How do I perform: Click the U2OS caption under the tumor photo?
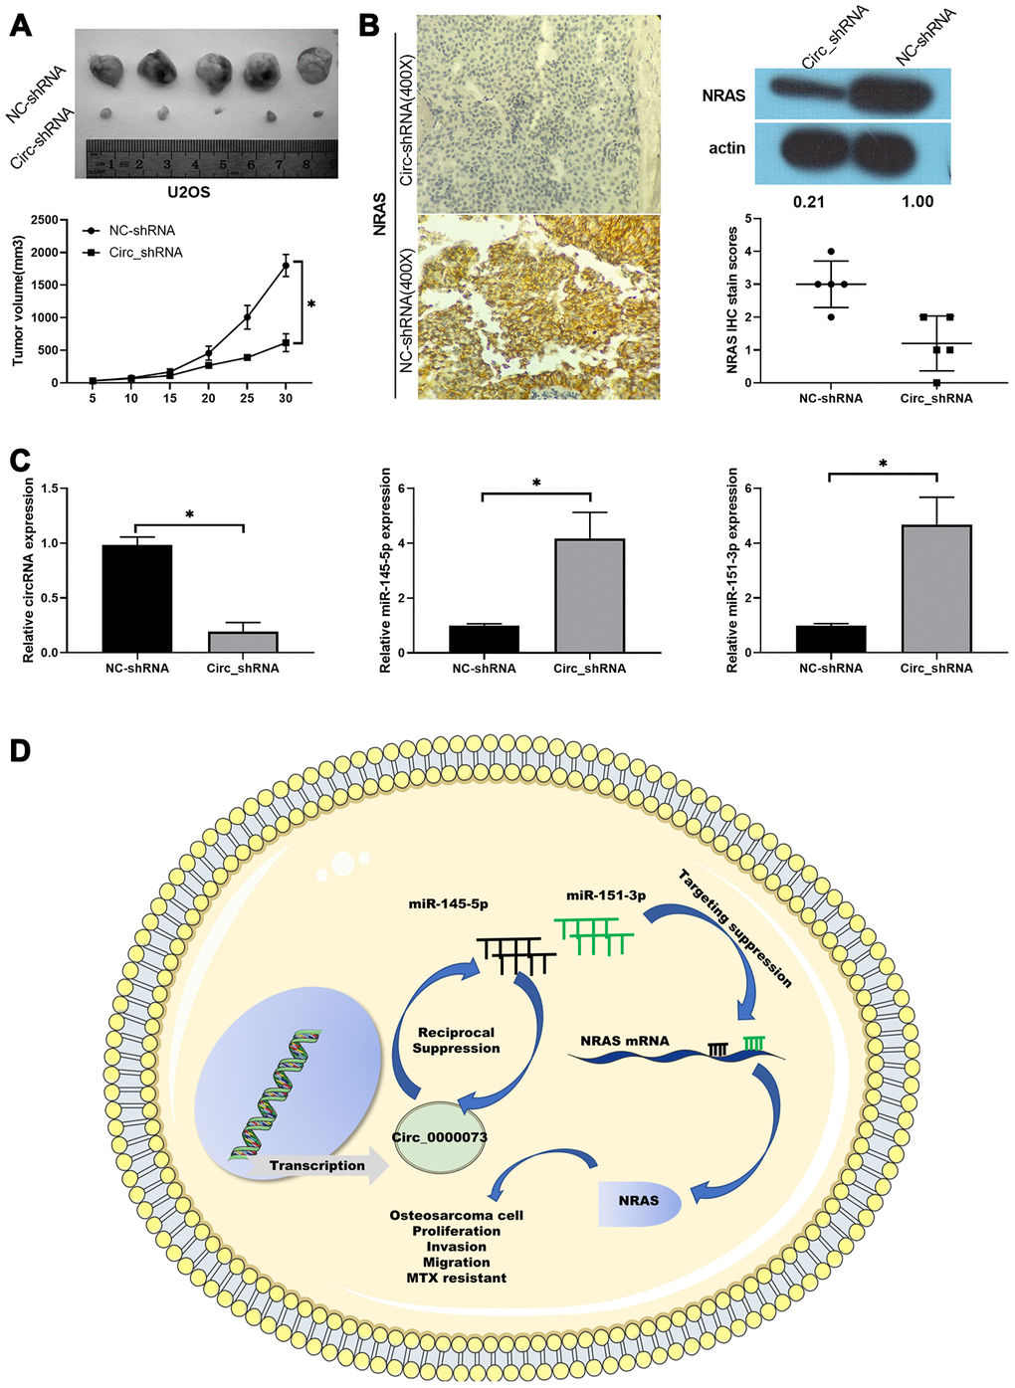click(188, 193)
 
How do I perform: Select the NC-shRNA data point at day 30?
click(286, 266)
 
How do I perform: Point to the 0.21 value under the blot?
click(809, 201)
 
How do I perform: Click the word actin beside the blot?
click(726, 148)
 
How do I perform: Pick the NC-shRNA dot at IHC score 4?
click(831, 251)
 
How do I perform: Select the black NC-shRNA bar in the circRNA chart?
click(137, 599)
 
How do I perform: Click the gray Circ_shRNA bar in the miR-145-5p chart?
click(589, 595)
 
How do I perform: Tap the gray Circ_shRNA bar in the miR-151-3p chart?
click(936, 589)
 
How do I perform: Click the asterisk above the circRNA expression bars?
click(190, 514)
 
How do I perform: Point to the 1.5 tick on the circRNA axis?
click(52, 489)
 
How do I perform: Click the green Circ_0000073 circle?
click(440, 1137)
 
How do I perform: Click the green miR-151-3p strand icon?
click(594, 936)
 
